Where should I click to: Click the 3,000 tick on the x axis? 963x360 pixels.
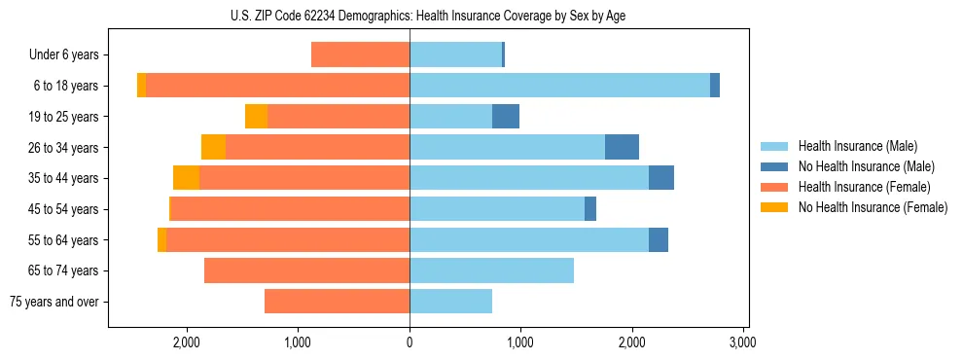[743, 343]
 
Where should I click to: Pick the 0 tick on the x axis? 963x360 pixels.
[410, 343]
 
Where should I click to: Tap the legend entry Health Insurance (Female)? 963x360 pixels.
[851, 187]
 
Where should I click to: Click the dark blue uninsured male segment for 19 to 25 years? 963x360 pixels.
[506, 117]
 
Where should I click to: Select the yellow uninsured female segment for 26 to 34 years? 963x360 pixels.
[213, 147]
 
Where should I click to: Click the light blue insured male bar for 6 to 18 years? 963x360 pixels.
[559, 86]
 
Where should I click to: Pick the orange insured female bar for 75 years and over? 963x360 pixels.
[337, 302]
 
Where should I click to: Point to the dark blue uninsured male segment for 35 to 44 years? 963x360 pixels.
[661, 178]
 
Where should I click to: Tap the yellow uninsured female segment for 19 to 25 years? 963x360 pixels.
[256, 117]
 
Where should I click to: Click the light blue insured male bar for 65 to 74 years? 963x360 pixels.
[491, 270]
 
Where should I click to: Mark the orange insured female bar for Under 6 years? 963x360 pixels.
[360, 55]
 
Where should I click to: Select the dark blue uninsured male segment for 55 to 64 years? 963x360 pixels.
[659, 239]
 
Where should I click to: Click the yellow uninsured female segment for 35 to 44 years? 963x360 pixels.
[186, 178]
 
